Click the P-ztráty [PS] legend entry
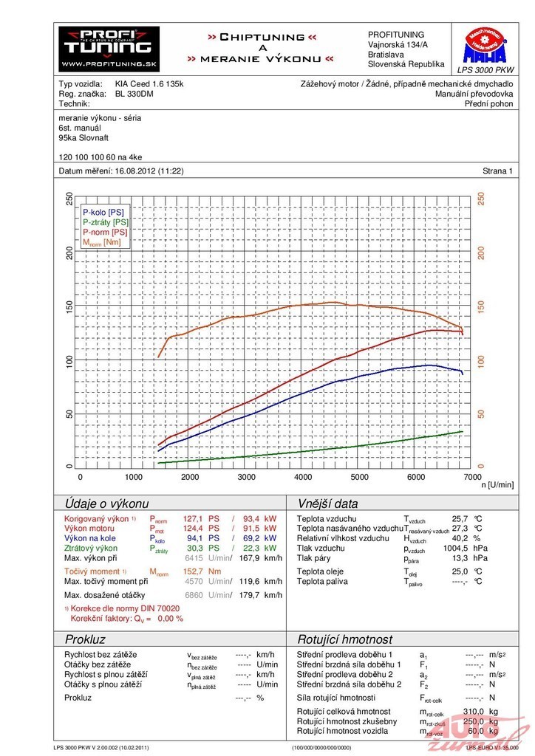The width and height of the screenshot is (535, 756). [x=105, y=222]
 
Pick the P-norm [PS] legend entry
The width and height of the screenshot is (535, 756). [x=105, y=232]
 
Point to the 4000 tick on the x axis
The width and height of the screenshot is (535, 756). [x=303, y=477]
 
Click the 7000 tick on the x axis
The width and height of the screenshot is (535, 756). [x=471, y=477]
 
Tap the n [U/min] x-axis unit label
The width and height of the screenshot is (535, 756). [x=497, y=484]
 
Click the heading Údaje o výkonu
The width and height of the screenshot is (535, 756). [x=106, y=504]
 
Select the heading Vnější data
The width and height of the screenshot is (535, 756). [x=327, y=504]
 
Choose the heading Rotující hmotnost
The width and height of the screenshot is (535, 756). [x=344, y=639]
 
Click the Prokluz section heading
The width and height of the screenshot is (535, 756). [x=85, y=639]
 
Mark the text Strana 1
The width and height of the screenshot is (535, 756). [x=497, y=171]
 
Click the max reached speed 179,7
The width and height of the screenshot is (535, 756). [x=253, y=595]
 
